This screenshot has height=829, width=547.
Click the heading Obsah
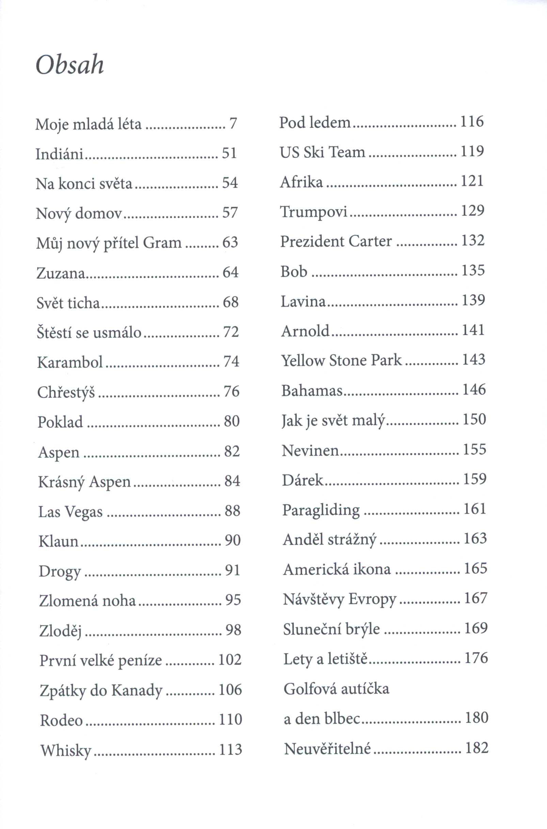tap(70, 65)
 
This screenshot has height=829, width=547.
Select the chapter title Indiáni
tap(59, 154)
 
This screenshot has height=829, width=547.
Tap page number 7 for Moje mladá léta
tap(233, 123)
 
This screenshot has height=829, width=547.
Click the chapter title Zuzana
tap(61, 273)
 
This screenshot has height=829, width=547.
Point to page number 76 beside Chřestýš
tap(231, 391)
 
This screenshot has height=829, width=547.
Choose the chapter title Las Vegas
tap(71, 512)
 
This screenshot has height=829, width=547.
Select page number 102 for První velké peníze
tap(230, 660)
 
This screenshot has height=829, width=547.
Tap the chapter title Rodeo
tap(61, 720)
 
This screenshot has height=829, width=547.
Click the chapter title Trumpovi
tap(314, 212)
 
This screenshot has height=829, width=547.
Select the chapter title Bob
tap(294, 272)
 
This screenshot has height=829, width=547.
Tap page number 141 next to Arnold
tap(473, 330)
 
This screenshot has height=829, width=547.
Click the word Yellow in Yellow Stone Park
tap(303, 361)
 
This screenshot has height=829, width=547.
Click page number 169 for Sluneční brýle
tap(475, 628)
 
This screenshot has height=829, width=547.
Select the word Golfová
tap(311, 689)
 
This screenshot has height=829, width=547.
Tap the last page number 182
tap(476, 748)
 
